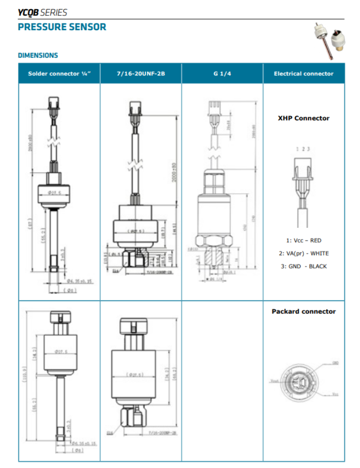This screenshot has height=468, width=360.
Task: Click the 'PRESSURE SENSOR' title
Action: coord(62,27)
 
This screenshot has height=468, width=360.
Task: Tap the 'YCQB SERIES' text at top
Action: coord(42,12)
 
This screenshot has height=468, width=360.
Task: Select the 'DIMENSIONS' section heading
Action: coord(38,55)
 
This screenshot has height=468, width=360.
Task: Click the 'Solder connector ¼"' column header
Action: coord(59,74)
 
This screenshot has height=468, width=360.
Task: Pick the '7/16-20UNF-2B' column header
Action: coord(141,74)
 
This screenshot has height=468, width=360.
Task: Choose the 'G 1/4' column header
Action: coord(222,74)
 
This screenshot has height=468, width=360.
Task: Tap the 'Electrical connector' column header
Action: coord(303,74)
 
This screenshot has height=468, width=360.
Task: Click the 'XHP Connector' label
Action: coord(303,118)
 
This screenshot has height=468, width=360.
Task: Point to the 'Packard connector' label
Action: coord(303,311)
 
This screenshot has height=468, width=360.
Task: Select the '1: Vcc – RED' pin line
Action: coord(303,240)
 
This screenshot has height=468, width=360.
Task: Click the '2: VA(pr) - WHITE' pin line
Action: coord(303,253)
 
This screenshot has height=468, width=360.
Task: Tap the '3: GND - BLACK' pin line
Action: coord(303,266)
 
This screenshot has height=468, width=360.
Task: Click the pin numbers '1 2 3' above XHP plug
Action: coord(303,149)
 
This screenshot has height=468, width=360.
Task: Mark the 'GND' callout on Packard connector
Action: coord(336,363)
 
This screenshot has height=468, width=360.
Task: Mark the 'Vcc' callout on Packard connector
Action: coord(335,394)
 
